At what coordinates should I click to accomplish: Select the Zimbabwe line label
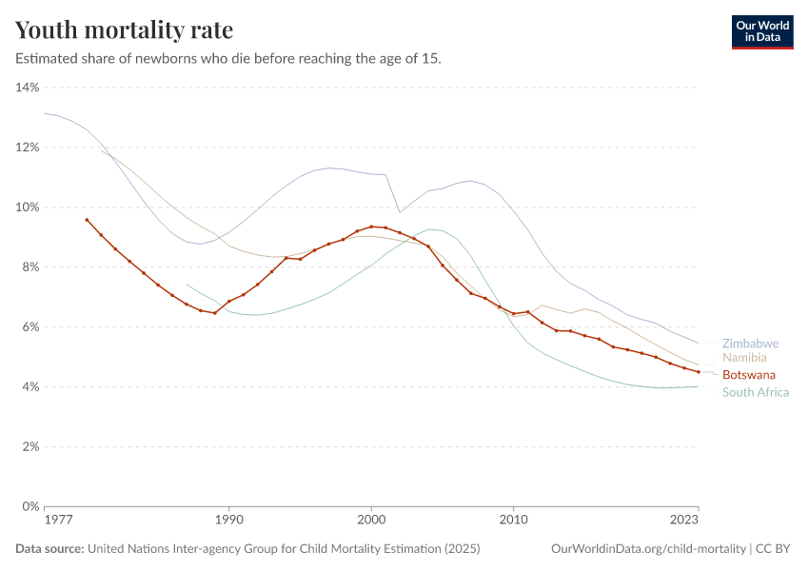[750, 344]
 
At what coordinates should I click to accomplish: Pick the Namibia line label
[745, 358]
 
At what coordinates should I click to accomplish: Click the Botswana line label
[748, 375]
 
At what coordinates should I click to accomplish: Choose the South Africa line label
[756, 392]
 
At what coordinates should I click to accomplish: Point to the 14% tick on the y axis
[27, 88]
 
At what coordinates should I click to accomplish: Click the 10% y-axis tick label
[27, 207]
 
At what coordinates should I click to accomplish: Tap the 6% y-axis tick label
[29, 327]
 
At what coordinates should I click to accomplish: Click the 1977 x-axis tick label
[58, 521]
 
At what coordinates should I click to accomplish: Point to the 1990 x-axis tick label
[228, 521]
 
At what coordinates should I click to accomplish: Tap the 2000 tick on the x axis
[371, 521]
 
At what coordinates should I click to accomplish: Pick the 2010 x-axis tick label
[514, 521]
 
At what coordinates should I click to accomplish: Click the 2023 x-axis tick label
[684, 521]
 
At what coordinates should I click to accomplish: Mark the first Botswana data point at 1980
[87, 220]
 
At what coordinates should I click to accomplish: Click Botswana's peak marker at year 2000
[371, 226]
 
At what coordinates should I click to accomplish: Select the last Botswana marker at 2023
[699, 372]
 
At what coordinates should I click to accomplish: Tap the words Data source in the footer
[49, 549]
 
